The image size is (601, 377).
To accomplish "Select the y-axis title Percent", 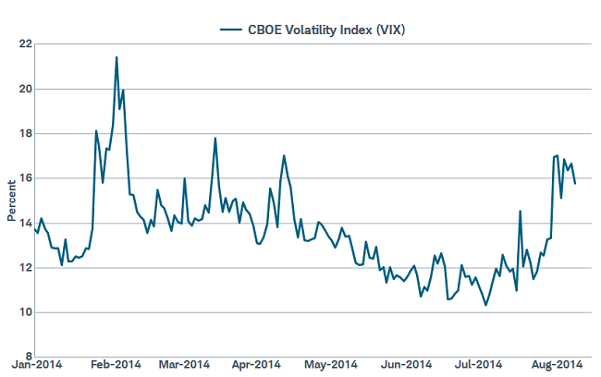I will [x=11, y=201].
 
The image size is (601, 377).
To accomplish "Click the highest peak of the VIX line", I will [x=117, y=57].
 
